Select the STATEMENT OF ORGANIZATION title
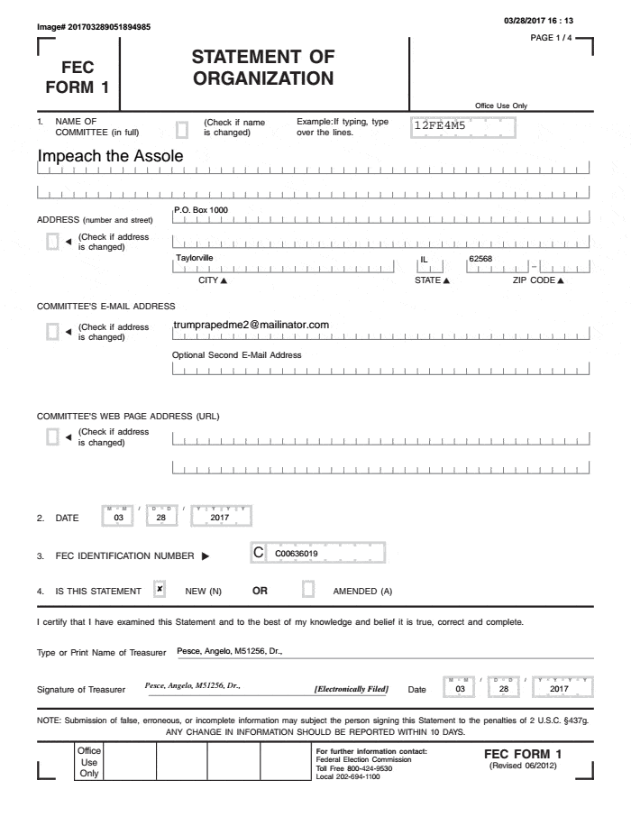(x=263, y=69)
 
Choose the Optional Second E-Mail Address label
(x=236, y=354)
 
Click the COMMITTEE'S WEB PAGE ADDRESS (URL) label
(x=128, y=416)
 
